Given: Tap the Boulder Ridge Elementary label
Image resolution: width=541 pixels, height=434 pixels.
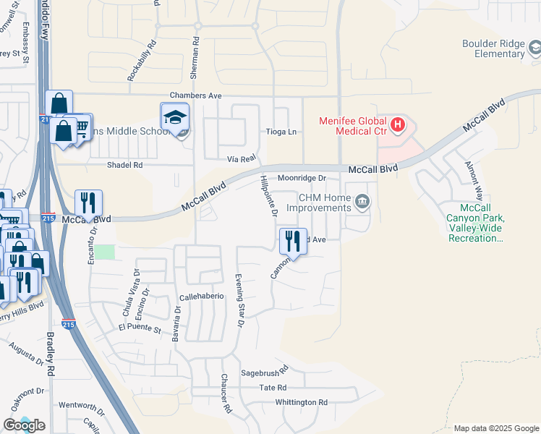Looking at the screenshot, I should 494,48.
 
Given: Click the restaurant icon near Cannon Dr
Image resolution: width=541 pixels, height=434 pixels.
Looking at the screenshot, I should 293,241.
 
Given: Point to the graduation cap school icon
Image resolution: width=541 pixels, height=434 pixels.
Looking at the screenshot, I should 174,117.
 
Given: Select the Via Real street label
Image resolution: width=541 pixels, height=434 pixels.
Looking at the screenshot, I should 242,158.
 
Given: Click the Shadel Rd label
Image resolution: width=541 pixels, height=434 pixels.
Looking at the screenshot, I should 125,165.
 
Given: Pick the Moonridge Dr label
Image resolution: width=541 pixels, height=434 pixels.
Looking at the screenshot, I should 302,177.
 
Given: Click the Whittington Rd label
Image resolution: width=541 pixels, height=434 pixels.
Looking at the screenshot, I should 301,402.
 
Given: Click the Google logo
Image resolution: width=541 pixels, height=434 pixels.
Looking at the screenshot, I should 24,425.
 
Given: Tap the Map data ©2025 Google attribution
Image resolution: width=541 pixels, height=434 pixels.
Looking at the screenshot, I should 495,428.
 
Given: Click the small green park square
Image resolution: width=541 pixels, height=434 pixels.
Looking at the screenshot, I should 106,252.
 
